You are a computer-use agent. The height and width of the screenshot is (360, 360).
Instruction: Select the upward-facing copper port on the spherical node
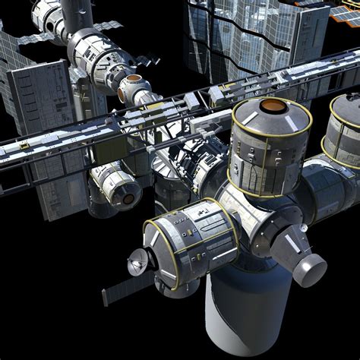(x=134, y=79)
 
